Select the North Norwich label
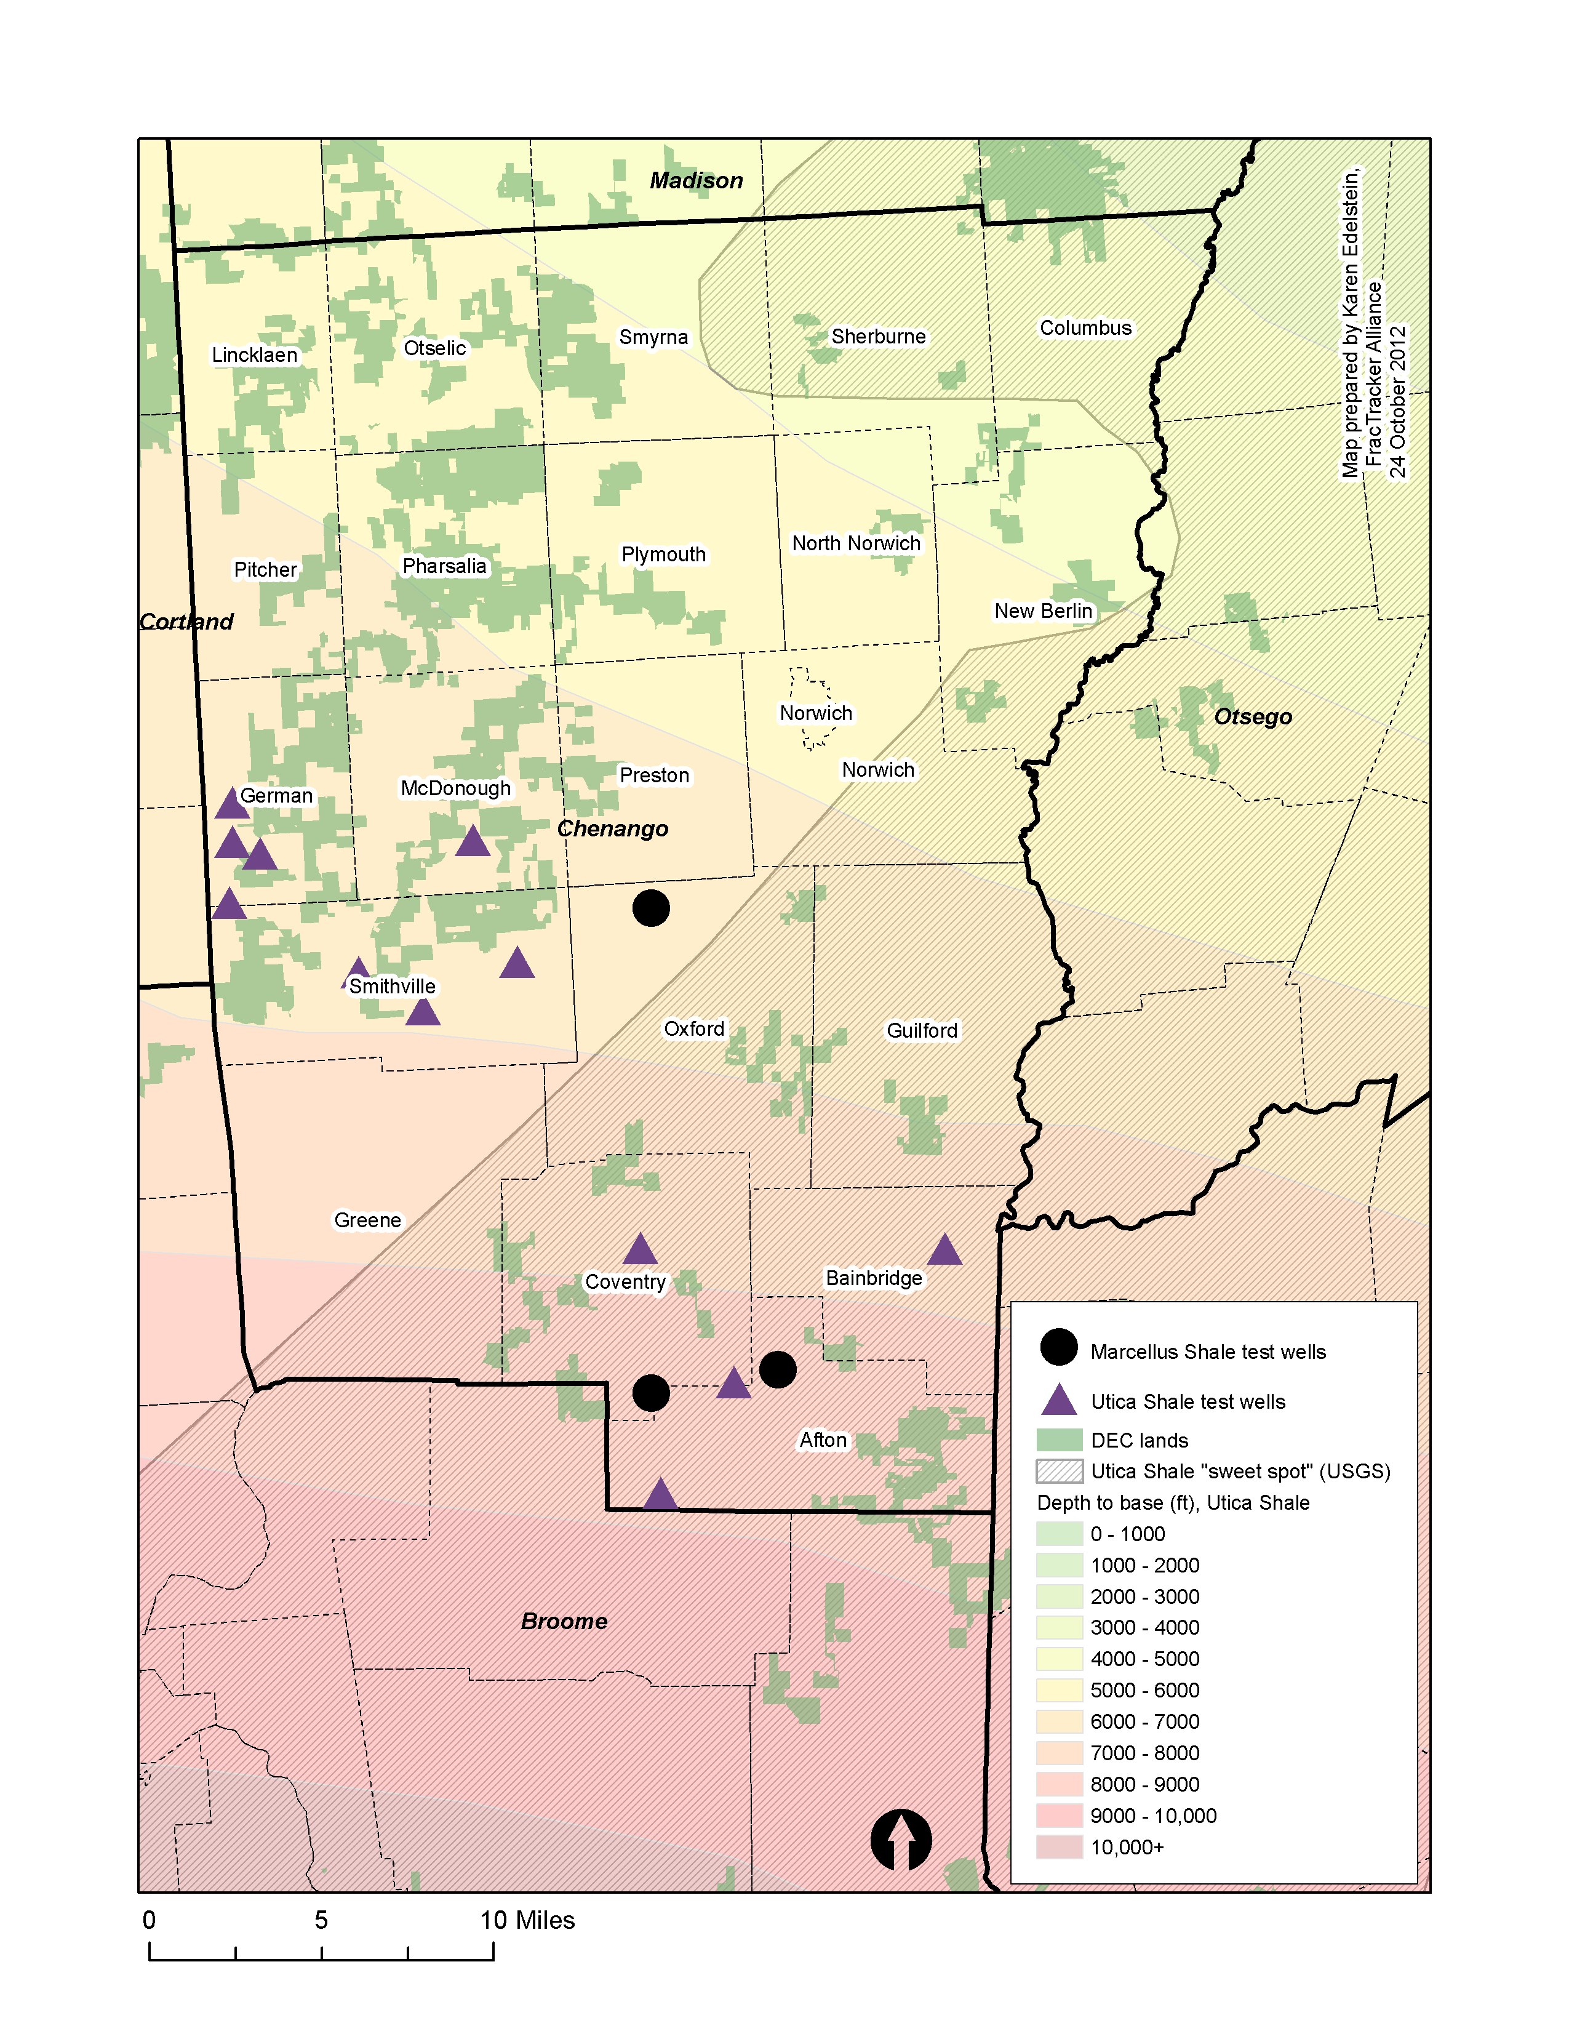(855, 543)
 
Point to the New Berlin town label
(1043, 611)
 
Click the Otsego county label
(1252, 717)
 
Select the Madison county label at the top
(695, 180)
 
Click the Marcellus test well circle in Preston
(650, 908)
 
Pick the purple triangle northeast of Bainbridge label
(944, 1251)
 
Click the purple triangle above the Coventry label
(639, 1251)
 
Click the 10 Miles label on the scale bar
(527, 1920)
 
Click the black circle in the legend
(1058, 1347)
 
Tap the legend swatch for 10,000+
(1060, 1847)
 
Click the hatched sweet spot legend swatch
(1060, 1471)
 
